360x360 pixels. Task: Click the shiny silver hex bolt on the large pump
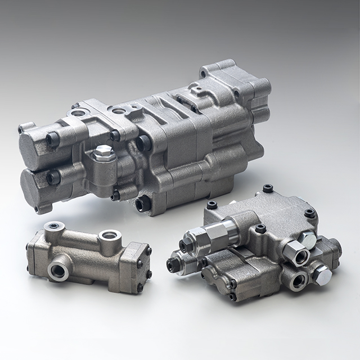103,152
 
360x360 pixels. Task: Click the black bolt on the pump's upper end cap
53,139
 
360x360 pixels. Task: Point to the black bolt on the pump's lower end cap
53,178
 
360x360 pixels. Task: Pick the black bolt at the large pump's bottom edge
143,203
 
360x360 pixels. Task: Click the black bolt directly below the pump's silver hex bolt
115,195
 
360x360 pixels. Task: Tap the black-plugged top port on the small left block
54,226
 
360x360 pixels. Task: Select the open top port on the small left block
109,235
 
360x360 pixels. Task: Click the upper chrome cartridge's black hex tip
184,246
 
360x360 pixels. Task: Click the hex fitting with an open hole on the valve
296,254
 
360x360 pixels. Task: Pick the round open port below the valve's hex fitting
296,279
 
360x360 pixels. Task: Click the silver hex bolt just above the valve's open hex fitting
307,239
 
